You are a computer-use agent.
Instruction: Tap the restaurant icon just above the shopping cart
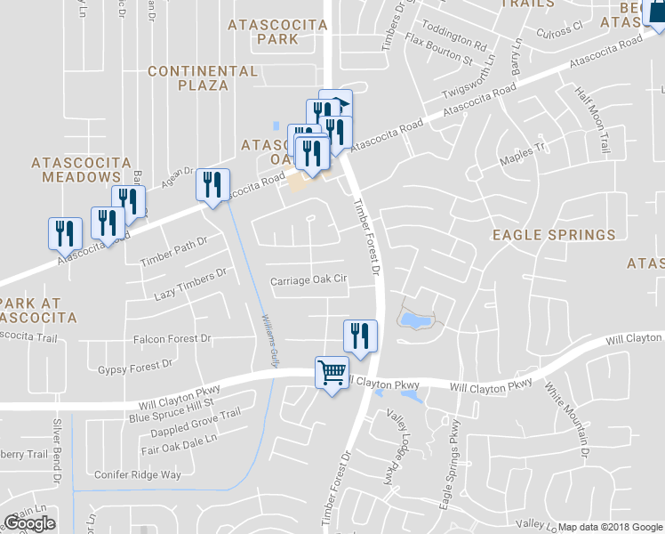point(360,336)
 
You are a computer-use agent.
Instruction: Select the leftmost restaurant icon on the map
point(65,233)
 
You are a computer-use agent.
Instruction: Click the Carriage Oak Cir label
point(308,279)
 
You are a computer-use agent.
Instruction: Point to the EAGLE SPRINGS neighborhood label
point(555,235)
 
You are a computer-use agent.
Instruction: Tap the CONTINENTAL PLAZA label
point(203,77)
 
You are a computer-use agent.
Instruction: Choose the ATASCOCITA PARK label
point(276,32)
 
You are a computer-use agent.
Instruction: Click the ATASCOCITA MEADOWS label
point(81,170)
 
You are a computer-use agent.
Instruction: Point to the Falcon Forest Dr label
point(172,339)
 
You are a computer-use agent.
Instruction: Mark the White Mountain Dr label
point(567,418)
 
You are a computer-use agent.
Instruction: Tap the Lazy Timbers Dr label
point(185,286)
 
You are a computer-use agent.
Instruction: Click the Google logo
point(29,522)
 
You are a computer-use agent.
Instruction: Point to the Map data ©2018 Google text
point(609,527)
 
